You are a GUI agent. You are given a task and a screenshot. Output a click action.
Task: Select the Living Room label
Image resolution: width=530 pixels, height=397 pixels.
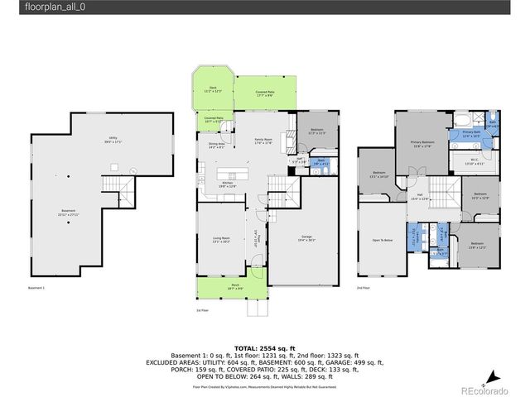click(220, 240)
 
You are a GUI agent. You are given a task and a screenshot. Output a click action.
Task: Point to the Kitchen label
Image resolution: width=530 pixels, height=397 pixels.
click(227, 184)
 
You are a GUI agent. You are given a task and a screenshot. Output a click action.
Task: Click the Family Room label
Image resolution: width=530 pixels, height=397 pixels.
click(263, 142)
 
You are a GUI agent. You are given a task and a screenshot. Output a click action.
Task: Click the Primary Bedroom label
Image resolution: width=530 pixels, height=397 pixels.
click(422, 144)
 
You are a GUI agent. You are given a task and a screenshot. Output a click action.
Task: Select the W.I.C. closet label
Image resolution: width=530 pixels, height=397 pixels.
click(469, 161)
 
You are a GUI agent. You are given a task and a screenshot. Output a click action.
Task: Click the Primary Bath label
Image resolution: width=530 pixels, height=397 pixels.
click(471, 134)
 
